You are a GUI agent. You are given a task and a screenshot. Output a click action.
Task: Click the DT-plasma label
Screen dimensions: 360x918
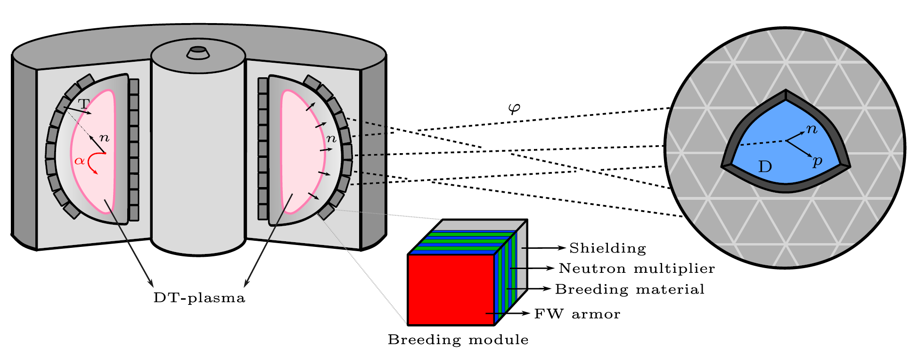[x=199, y=298]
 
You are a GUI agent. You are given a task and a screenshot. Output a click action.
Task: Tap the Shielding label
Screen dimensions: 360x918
[x=607, y=248]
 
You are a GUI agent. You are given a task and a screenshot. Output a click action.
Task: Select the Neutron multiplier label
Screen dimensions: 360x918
[x=637, y=269]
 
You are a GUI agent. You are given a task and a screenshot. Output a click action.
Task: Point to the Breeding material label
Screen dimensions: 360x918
[x=630, y=289]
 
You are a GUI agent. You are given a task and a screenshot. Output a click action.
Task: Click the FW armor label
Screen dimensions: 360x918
[x=577, y=314]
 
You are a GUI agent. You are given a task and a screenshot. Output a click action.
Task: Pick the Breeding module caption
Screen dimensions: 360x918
[x=458, y=340]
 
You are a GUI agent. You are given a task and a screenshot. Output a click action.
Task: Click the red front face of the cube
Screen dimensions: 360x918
[x=451, y=289]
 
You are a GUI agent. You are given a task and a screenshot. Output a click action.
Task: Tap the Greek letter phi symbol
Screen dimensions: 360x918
[x=514, y=109]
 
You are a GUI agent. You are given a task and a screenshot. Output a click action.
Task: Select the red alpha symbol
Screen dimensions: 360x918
[x=80, y=161]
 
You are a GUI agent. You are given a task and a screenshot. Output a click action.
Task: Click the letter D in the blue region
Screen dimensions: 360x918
[x=765, y=167]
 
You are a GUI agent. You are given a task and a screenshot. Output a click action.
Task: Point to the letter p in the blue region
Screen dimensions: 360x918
[x=818, y=161]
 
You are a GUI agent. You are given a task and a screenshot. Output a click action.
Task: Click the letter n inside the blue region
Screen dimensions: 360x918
[x=811, y=129]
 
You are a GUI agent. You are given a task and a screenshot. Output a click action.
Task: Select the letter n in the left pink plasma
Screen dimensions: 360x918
[x=104, y=138]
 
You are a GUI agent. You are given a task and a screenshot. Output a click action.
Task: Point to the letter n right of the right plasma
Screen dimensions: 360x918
[x=331, y=139]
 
